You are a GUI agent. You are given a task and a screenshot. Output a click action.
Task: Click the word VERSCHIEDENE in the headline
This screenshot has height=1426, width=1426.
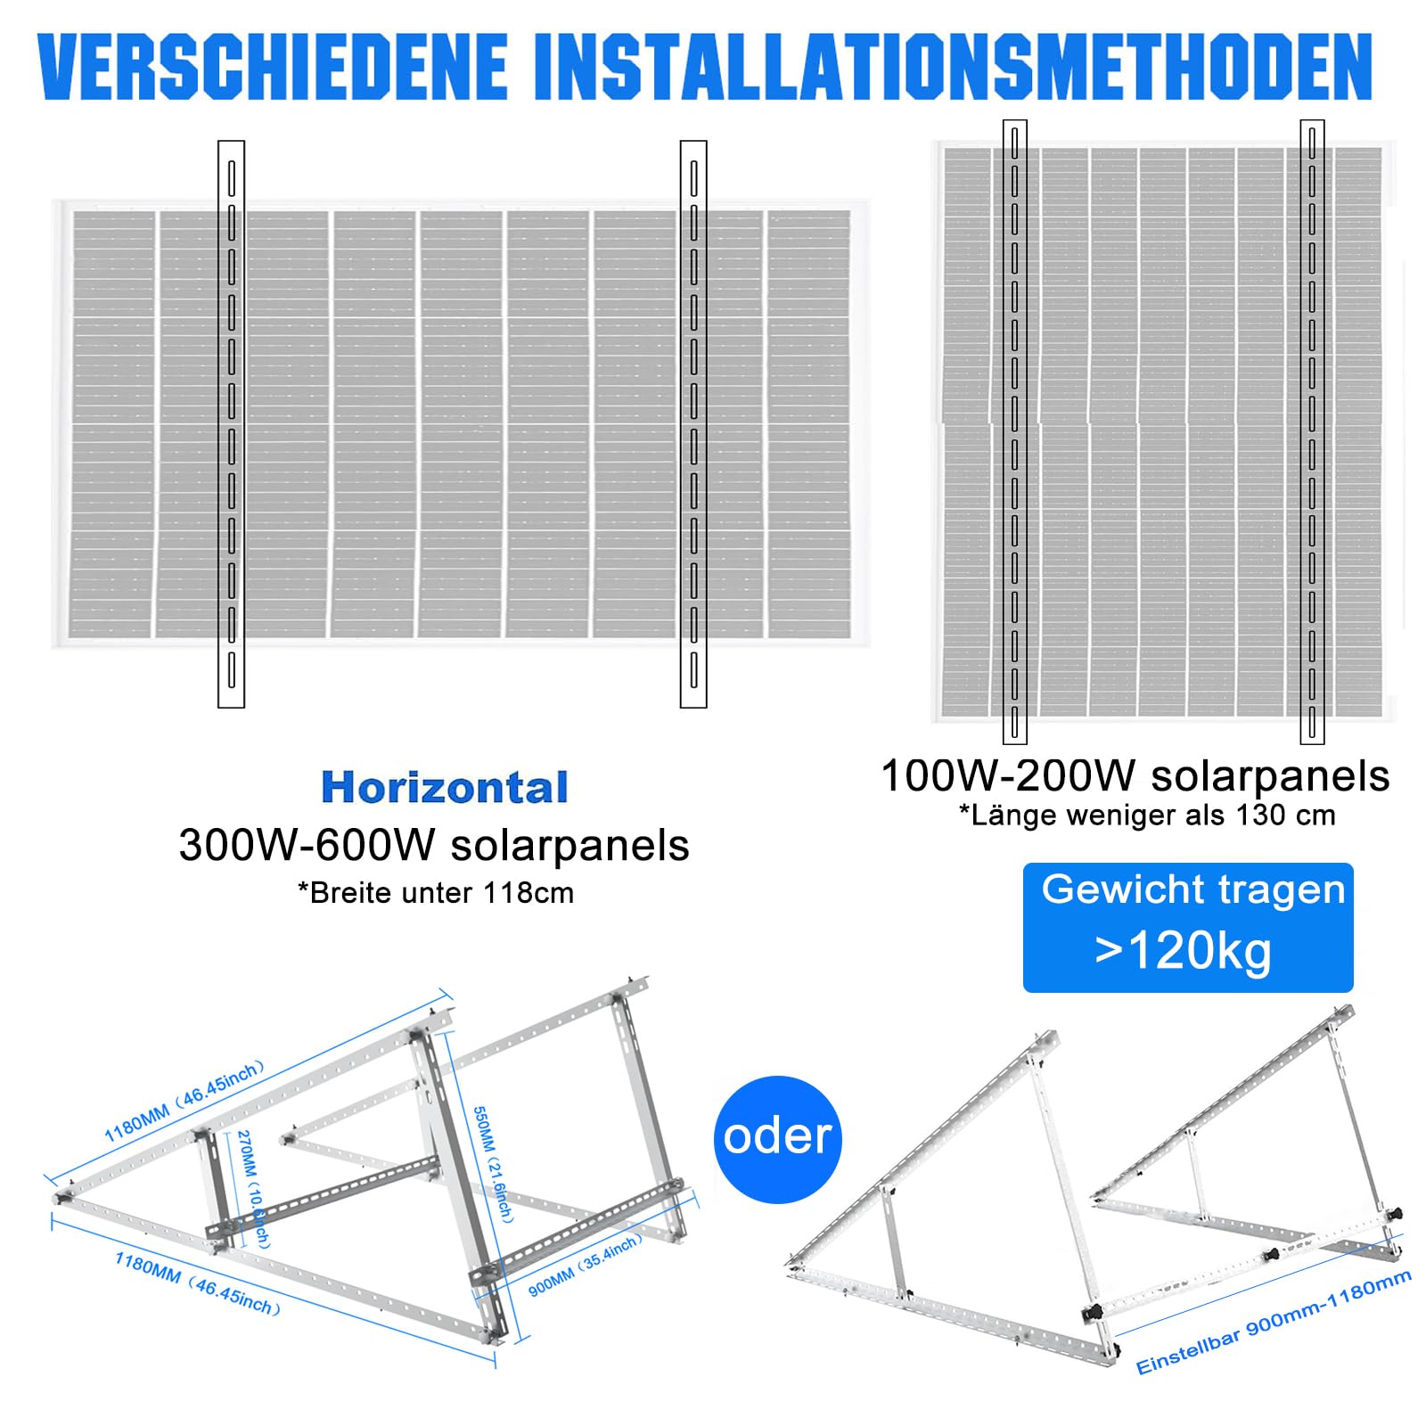click(273, 68)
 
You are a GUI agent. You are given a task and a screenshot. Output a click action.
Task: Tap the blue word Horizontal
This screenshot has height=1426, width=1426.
click(444, 787)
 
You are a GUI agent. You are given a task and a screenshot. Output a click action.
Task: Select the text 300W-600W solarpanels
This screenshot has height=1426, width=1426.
click(434, 845)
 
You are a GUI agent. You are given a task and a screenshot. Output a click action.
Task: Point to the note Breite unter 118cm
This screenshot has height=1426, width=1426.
click(436, 892)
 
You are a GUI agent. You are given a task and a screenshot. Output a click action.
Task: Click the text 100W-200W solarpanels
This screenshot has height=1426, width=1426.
click(1135, 775)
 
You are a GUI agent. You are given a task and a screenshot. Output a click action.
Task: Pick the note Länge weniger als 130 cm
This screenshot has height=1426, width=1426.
click(1147, 815)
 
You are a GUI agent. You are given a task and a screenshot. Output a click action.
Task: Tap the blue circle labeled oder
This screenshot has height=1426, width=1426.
click(777, 1138)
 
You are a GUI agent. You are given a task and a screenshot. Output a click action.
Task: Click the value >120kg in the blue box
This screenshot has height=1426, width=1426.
click(1184, 951)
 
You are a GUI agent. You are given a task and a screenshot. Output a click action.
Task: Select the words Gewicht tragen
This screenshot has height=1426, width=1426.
click(1192, 889)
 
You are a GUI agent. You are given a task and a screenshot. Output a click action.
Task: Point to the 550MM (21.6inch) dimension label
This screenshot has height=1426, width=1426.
click(493, 1164)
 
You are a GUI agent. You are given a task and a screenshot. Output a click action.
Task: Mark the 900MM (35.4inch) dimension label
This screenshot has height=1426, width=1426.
click(585, 1265)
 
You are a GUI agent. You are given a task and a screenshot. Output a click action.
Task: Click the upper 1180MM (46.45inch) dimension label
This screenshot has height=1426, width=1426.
click(184, 1102)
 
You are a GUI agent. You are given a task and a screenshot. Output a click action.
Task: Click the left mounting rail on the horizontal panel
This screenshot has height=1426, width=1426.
click(231, 423)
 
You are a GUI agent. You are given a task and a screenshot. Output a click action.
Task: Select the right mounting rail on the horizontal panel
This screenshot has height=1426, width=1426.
click(693, 423)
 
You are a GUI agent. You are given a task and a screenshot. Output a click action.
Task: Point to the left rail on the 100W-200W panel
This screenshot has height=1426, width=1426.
click(1015, 431)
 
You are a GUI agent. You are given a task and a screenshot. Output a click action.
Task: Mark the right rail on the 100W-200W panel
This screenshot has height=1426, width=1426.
click(1312, 431)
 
